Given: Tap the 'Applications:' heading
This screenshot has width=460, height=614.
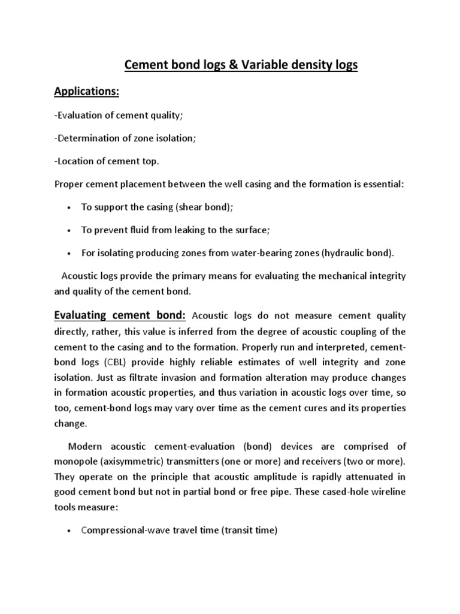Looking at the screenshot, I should pyautogui.click(x=87, y=92).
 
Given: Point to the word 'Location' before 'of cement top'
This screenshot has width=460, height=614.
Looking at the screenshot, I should pyautogui.click(x=75, y=161).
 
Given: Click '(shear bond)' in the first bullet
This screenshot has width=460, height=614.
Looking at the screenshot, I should pyautogui.click(x=202, y=207).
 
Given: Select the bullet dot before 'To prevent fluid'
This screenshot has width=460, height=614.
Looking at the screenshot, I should pyautogui.click(x=70, y=230).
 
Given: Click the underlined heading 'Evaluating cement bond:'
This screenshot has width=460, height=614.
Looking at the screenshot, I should pyautogui.click(x=121, y=315).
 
